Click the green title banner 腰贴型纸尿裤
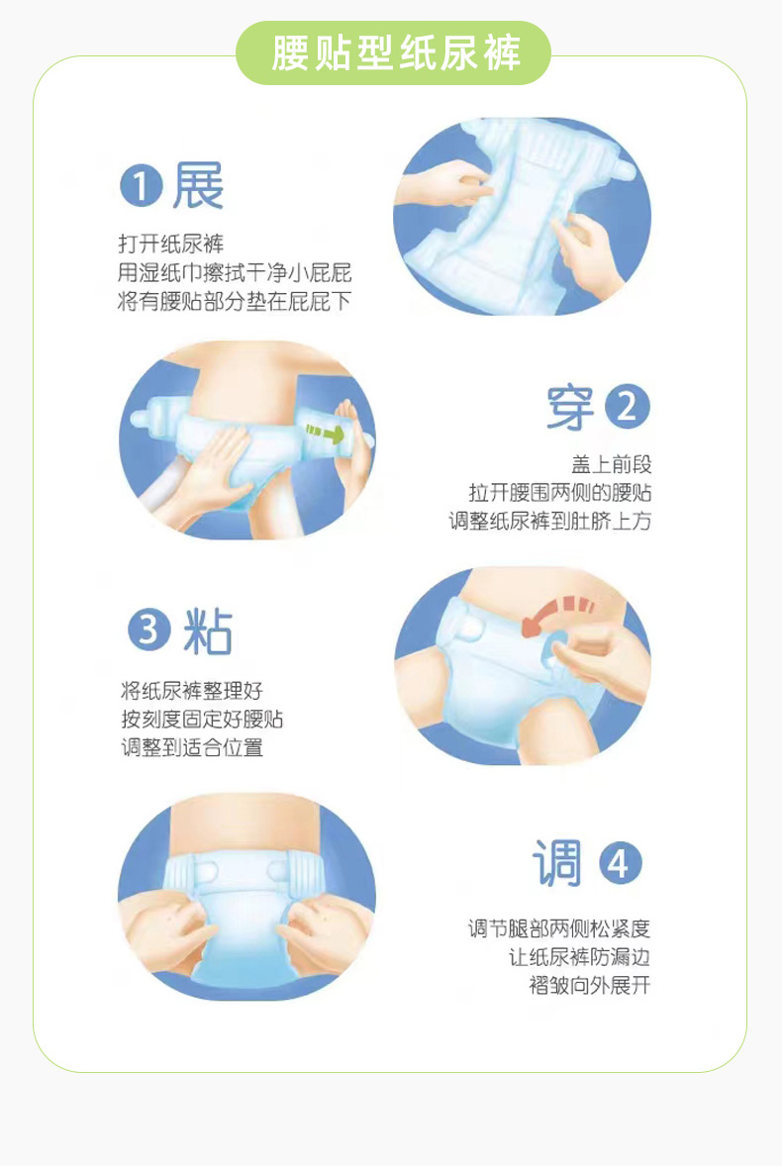(393, 52)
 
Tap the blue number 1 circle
(142, 186)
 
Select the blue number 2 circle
(628, 408)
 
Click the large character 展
(198, 186)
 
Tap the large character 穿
(570, 408)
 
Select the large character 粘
(208, 631)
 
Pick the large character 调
(556, 863)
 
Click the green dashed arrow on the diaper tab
(325, 432)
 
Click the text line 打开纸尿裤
(170, 243)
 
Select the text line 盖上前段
(611, 465)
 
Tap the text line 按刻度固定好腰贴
(202, 719)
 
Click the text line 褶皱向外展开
(590, 985)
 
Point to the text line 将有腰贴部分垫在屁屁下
(235, 301)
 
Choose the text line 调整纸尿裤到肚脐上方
(550, 521)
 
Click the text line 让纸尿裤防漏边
(579, 957)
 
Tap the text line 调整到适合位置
(192, 747)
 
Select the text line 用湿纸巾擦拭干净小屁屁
(235, 273)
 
